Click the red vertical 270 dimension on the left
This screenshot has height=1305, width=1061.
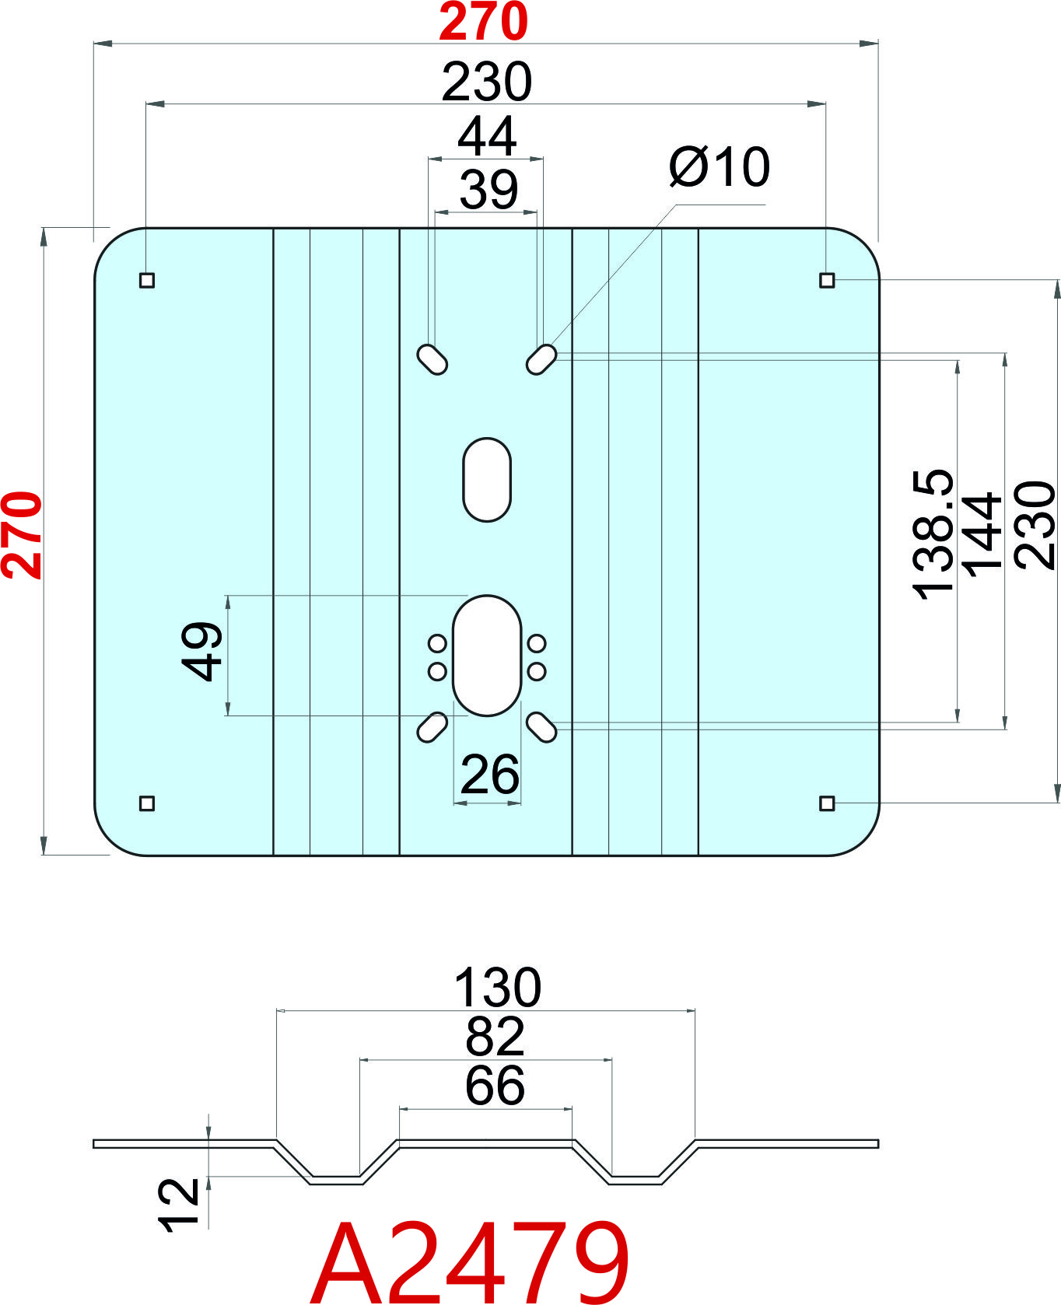(22, 535)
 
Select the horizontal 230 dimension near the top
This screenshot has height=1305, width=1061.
(486, 82)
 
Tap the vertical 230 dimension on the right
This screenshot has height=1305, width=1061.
(1035, 525)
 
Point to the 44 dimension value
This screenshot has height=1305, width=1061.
(486, 137)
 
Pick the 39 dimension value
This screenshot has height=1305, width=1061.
(488, 190)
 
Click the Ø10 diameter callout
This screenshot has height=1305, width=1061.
(720, 166)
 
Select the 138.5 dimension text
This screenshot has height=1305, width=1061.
(932, 534)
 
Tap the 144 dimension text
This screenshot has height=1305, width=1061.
(982, 534)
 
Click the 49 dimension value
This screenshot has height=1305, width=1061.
(201, 651)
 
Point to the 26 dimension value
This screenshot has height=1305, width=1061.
(489, 775)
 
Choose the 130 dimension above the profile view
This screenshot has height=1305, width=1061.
(497, 988)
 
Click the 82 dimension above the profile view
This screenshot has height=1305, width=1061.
(495, 1036)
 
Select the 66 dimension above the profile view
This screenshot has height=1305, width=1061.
(495, 1085)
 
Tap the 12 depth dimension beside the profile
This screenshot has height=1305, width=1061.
(179, 1205)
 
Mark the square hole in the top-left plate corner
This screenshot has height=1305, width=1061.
(147, 280)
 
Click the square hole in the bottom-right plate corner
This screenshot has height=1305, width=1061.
(827, 803)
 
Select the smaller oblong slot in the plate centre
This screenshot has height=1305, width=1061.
(487, 479)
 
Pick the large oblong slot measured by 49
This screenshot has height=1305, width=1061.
(487, 656)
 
